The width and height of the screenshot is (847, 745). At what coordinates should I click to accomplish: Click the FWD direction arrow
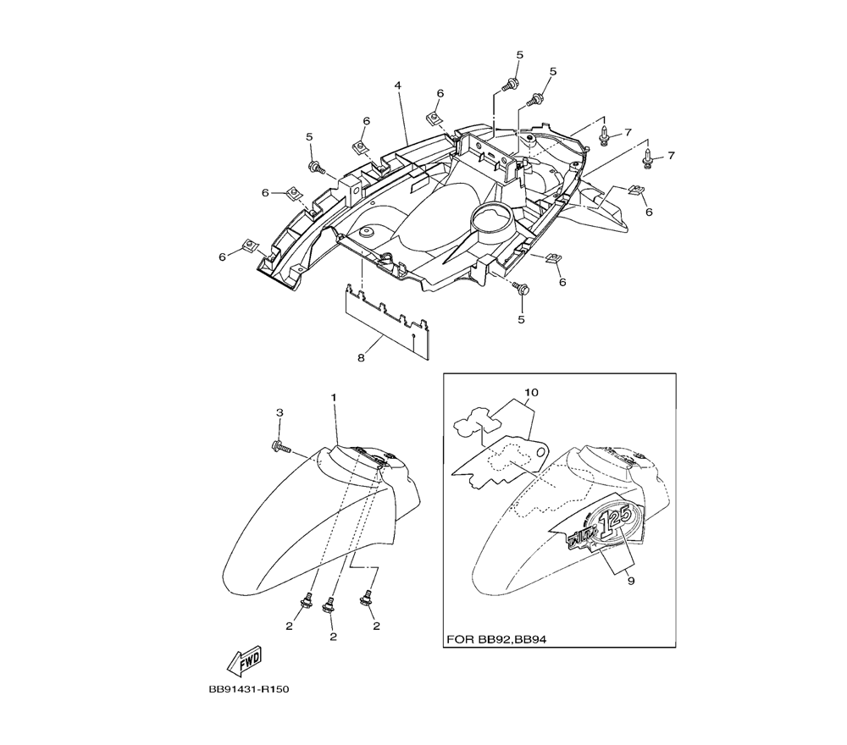click(x=244, y=661)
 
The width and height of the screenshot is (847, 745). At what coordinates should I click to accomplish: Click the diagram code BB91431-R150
click(x=248, y=689)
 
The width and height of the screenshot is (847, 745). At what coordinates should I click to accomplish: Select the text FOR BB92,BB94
click(x=496, y=640)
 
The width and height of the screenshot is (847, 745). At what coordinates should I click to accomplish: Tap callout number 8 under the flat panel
click(x=361, y=357)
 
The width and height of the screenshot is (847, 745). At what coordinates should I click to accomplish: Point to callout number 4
click(x=397, y=86)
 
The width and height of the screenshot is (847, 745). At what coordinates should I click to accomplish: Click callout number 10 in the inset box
click(x=532, y=393)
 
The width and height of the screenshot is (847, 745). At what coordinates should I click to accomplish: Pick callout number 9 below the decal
click(x=631, y=581)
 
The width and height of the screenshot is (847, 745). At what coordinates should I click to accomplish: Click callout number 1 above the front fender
click(x=334, y=397)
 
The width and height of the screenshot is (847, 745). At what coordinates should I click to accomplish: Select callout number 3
click(x=280, y=412)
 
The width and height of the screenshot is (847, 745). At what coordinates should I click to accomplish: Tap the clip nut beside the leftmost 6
click(x=249, y=246)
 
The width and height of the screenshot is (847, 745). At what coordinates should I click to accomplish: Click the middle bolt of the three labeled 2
click(x=327, y=605)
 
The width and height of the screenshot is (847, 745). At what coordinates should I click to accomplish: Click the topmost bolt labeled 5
click(x=509, y=84)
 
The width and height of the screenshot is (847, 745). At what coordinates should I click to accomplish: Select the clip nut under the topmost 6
click(x=434, y=117)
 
